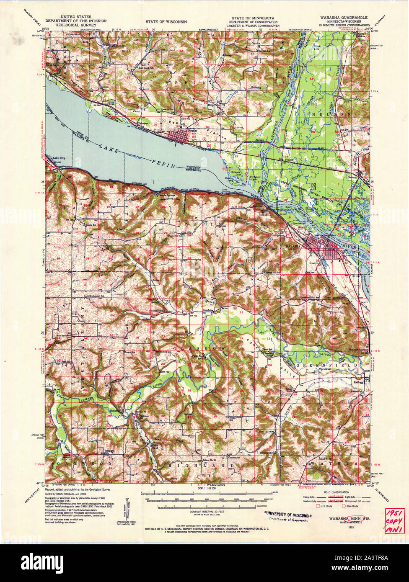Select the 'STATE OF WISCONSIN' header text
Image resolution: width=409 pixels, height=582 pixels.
point(166,21)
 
